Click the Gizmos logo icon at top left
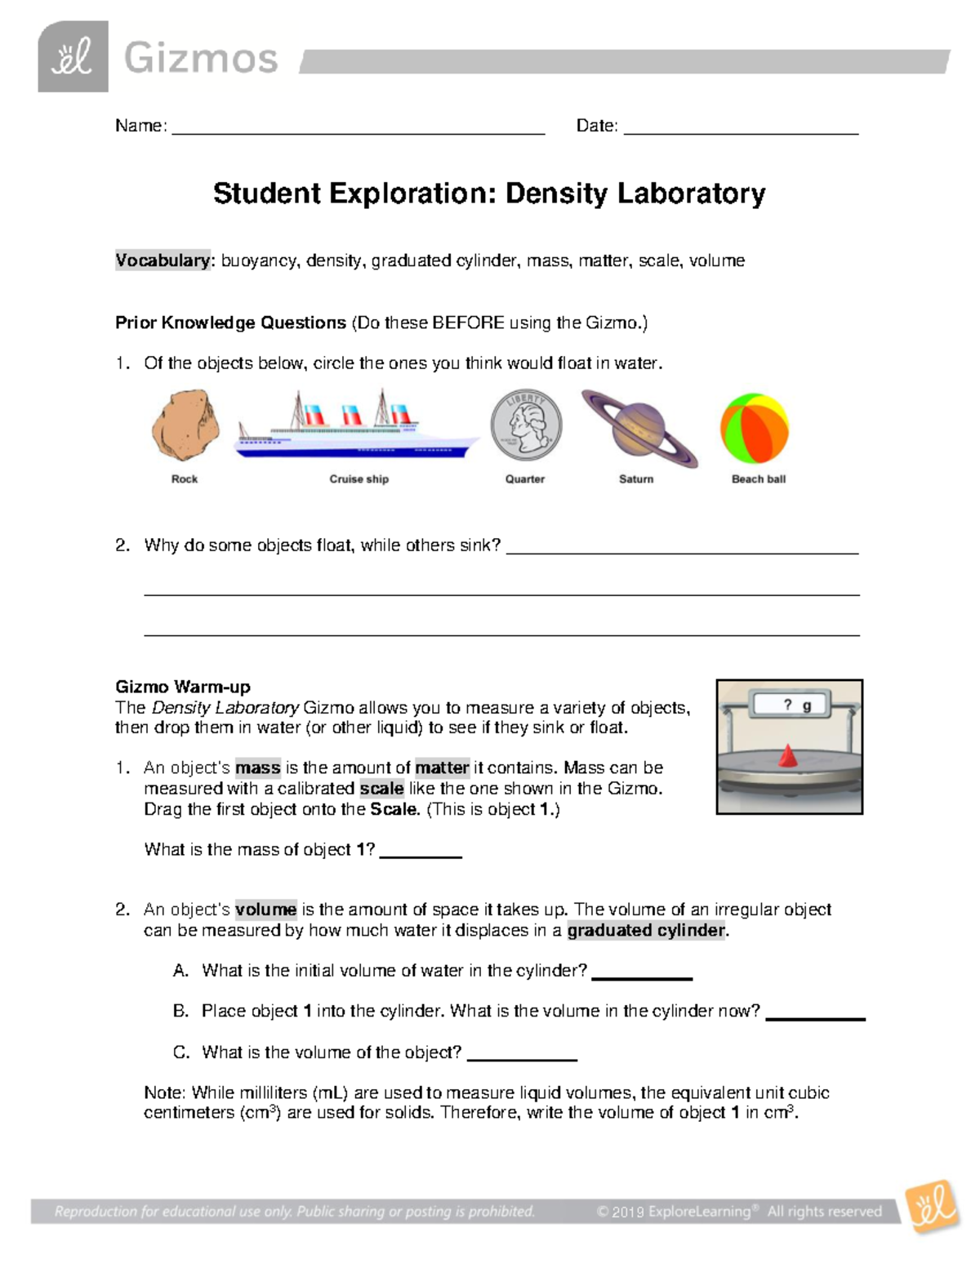[73, 57]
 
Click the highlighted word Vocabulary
[163, 260]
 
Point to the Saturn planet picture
[639, 429]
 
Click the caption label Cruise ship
[359, 479]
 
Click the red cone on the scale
[787, 756]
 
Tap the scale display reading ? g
[791, 705]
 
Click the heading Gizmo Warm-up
[182, 687]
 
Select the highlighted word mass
[257, 767]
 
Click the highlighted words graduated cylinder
[646, 930]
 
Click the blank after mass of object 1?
[421, 853]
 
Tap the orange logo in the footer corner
[932, 1206]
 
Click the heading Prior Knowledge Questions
[230, 323]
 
